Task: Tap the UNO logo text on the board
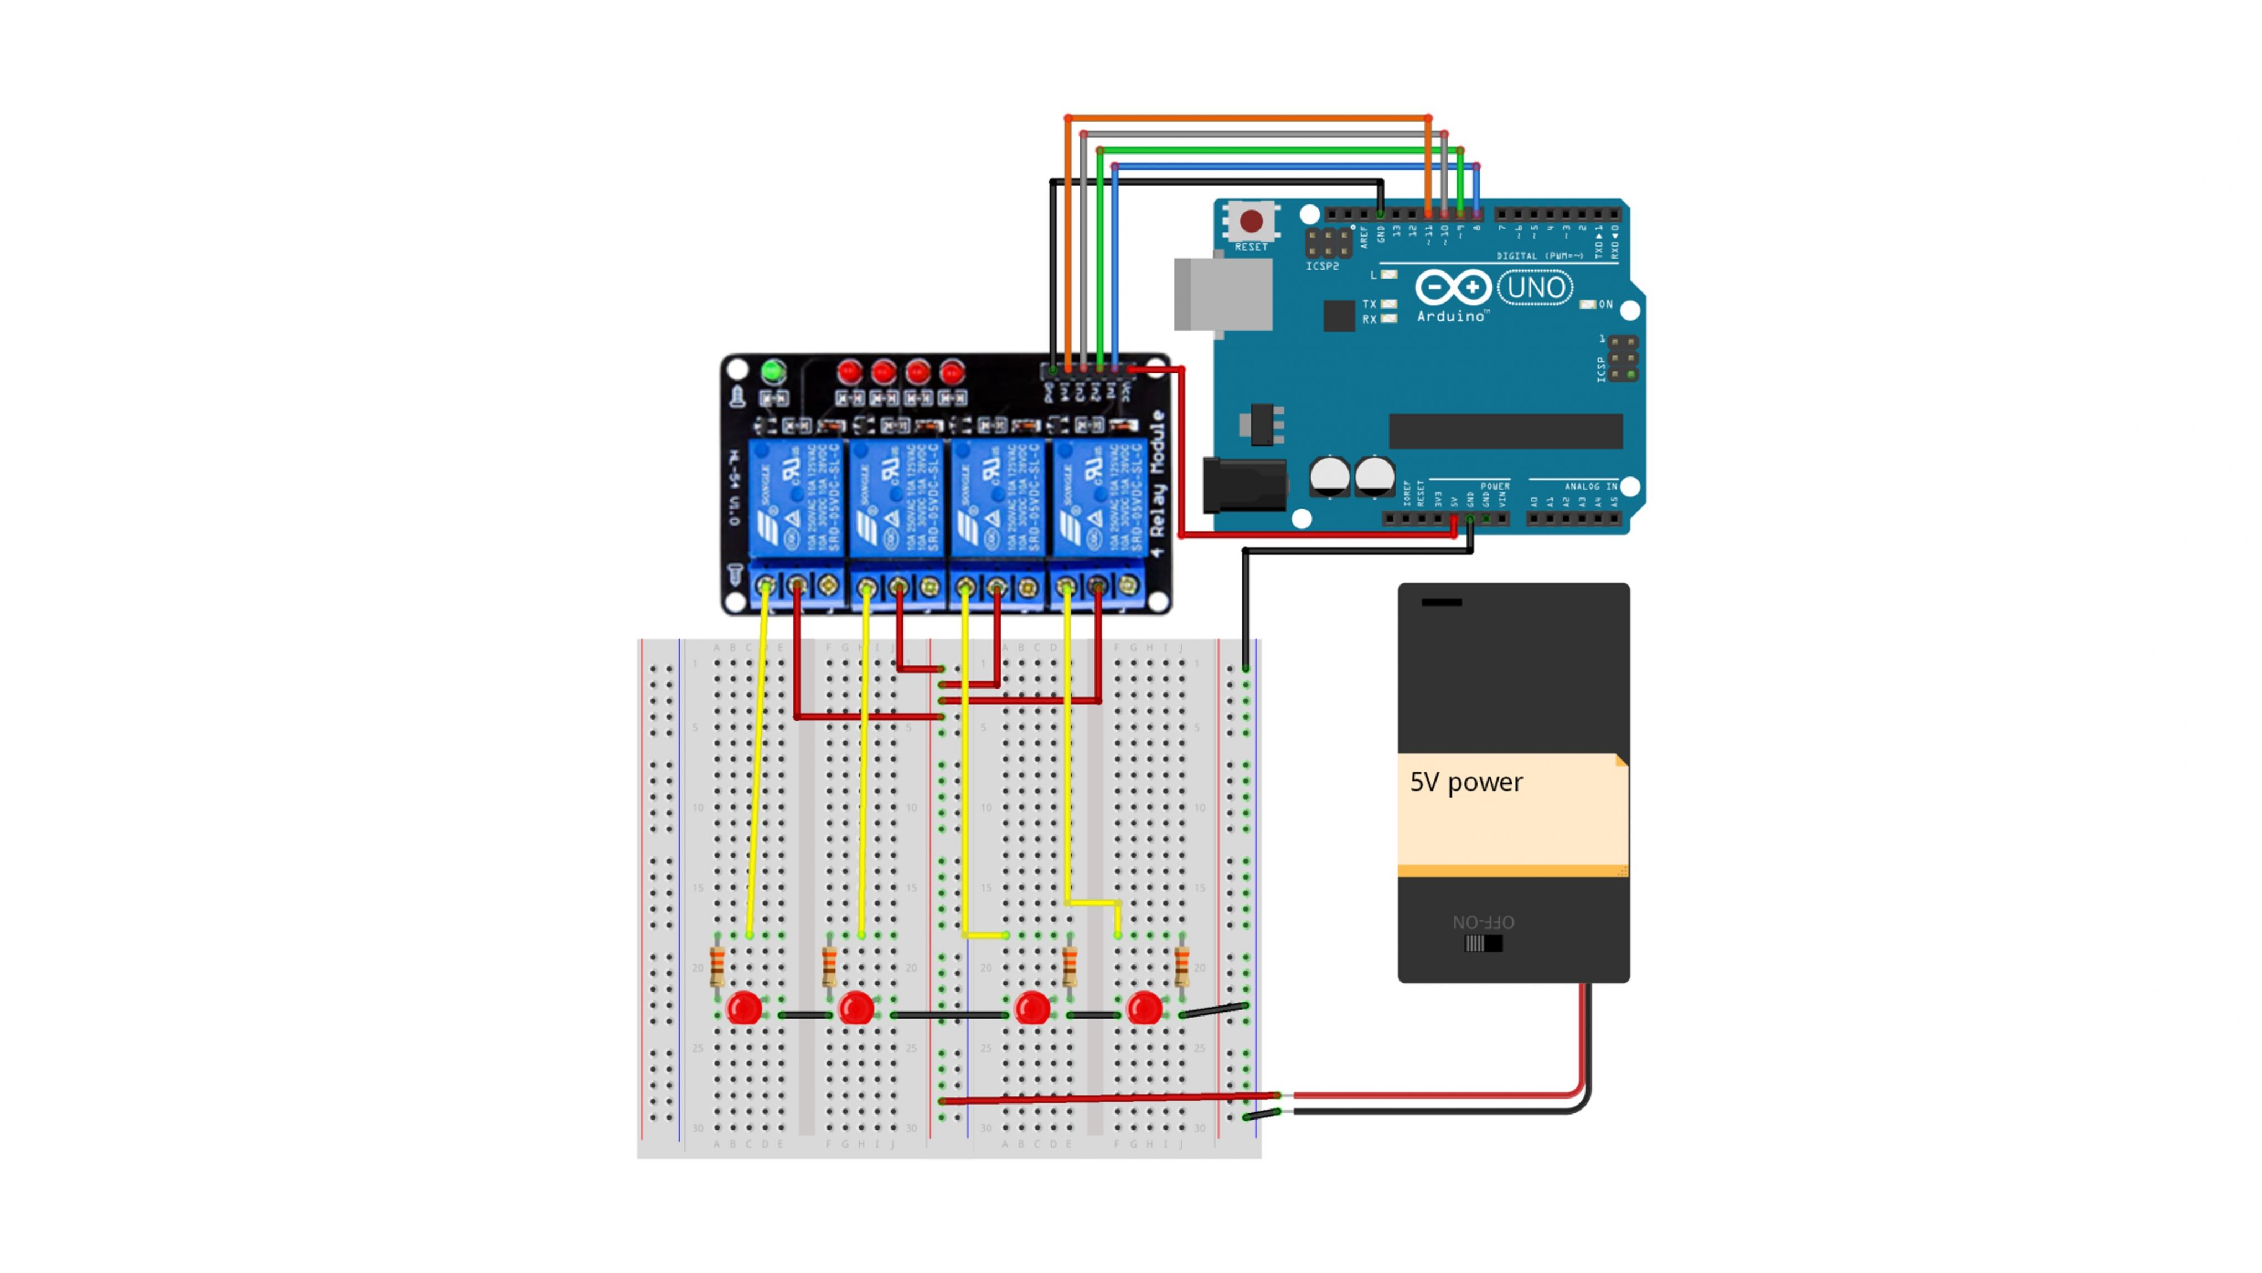1535,288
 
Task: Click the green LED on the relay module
773,372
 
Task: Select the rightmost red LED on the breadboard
1144,1008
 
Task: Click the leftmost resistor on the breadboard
717,967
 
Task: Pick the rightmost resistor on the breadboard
1182,967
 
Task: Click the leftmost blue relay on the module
797,497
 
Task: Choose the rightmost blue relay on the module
1100,497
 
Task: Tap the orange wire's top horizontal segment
1247,118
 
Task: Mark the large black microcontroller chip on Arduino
1505,432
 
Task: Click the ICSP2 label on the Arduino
1321,266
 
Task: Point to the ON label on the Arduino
1605,305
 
